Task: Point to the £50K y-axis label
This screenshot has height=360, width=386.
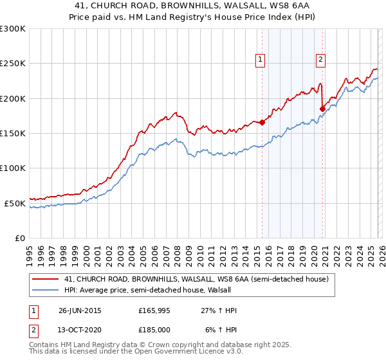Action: [15, 203]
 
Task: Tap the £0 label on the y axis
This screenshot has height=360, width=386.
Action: [20, 238]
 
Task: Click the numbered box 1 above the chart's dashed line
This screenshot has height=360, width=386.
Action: [261, 60]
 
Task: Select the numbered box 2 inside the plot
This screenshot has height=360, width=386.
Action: [320, 60]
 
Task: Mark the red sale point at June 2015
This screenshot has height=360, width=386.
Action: [262, 122]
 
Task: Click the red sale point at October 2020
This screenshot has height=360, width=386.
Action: [322, 109]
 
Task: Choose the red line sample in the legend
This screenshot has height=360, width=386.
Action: [45, 279]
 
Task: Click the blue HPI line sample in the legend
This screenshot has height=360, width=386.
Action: [45, 290]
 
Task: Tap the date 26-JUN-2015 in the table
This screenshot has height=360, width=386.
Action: [80, 310]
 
